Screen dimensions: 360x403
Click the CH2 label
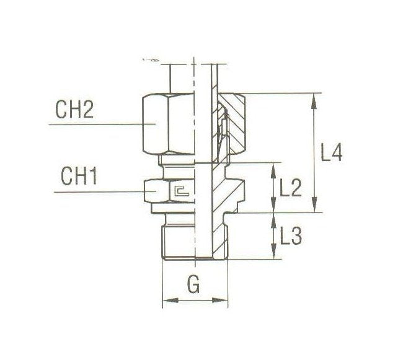pos(73,112)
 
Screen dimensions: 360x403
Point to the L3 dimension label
pos(290,236)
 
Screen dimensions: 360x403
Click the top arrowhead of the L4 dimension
pos(317,97)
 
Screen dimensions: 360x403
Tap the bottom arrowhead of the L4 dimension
pos(317,208)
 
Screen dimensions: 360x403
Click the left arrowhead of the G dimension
pos(166,302)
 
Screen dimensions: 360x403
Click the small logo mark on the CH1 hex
pos(180,193)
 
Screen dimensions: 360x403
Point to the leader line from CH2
pos(93,125)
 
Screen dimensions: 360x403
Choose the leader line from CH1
pos(99,193)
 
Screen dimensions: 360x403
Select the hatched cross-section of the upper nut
pos(236,124)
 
